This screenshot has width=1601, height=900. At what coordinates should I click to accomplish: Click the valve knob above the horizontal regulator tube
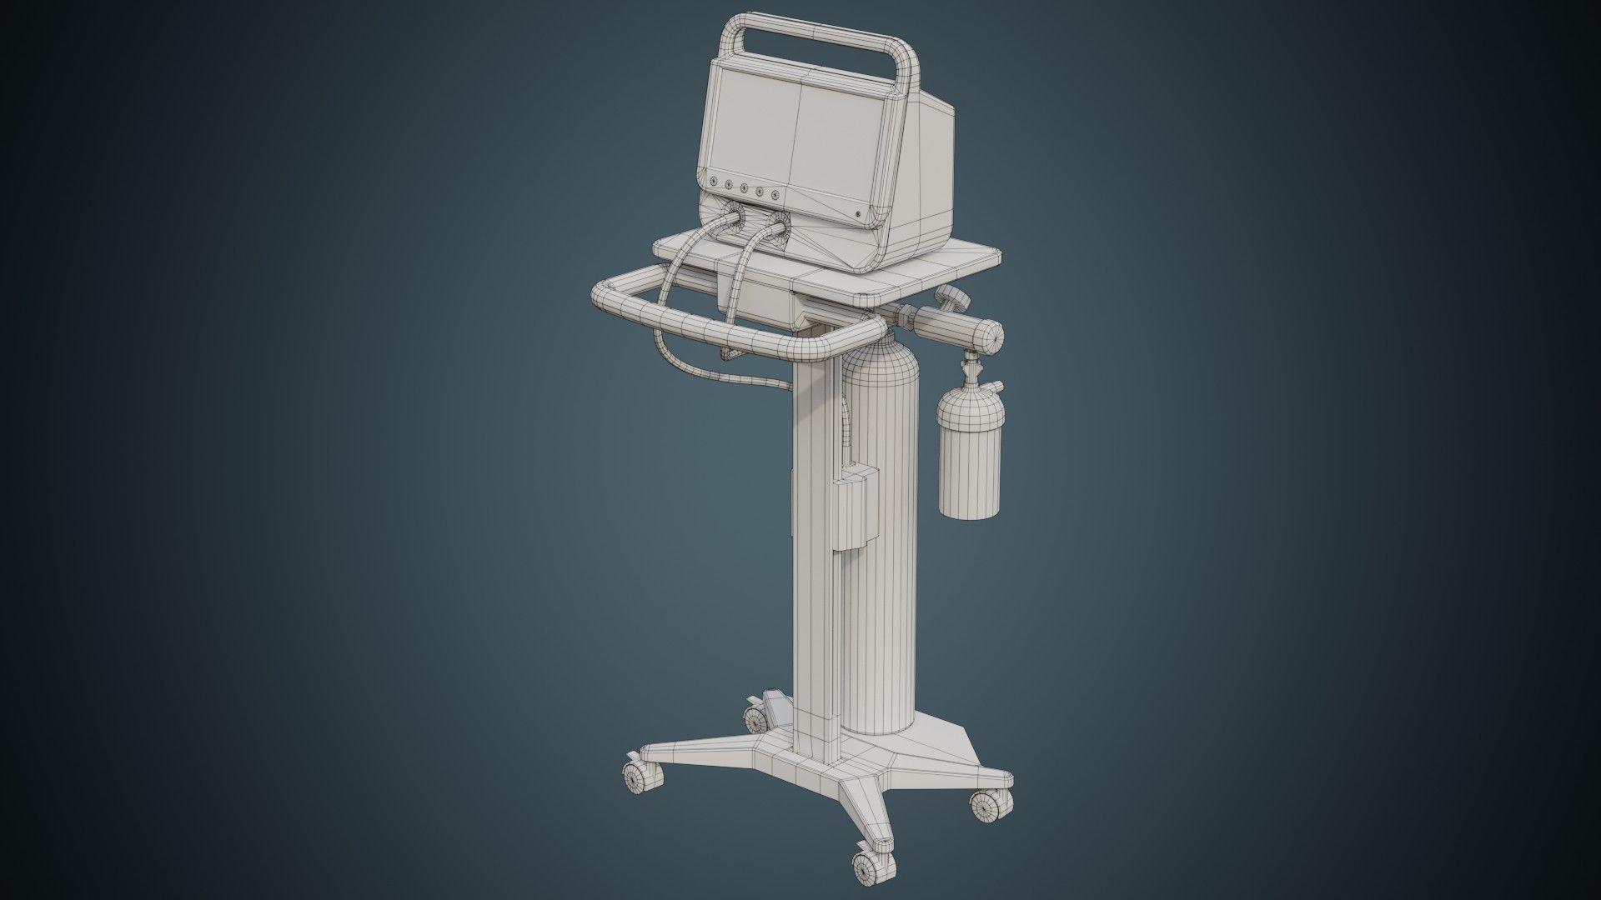coord(950,296)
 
